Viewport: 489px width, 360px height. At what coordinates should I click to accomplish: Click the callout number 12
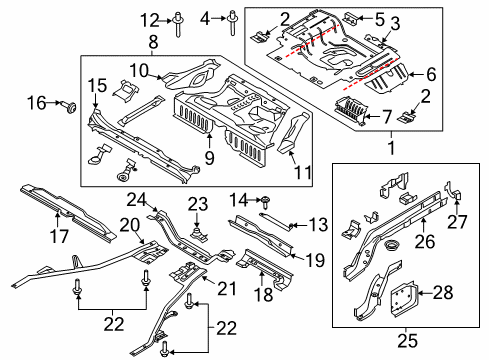tap(150, 21)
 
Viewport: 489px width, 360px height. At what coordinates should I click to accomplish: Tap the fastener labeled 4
tap(231, 22)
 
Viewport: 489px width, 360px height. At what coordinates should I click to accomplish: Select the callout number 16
tap(37, 103)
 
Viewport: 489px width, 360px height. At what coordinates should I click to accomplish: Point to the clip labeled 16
tap(69, 107)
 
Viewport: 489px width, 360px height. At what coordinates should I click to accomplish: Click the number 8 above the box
tap(153, 42)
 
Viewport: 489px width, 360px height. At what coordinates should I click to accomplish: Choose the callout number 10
tap(139, 71)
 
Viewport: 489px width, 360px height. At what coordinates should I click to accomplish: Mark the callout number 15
tap(97, 85)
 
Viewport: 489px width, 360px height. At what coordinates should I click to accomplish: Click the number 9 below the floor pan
tap(209, 157)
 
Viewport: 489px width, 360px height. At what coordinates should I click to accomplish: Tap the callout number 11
tap(303, 173)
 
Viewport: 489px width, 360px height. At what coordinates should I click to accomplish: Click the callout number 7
tap(386, 117)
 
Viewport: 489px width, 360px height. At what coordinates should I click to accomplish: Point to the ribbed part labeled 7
tap(350, 109)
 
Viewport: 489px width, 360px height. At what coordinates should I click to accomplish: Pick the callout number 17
tap(59, 236)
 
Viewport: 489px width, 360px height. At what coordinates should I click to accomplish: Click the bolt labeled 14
tap(266, 202)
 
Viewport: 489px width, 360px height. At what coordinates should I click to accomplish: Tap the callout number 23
tap(198, 204)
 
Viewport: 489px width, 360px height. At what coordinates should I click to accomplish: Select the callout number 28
tap(443, 293)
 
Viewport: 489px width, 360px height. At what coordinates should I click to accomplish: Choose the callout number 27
tap(457, 222)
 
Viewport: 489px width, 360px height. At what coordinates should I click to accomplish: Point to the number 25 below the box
tap(407, 341)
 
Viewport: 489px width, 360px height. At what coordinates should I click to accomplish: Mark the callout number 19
tap(315, 260)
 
